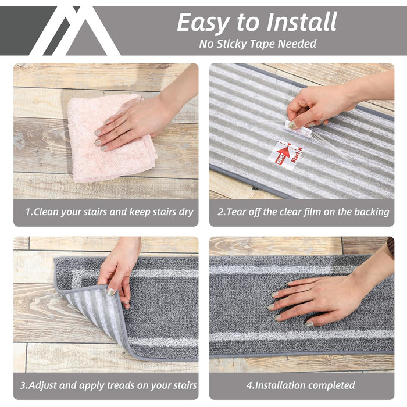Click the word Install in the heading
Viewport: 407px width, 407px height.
302,22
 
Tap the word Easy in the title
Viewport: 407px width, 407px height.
204,23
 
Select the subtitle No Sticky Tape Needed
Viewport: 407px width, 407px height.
258,44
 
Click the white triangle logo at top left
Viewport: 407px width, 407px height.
75,31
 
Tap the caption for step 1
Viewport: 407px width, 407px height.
109,212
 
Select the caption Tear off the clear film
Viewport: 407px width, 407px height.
304,212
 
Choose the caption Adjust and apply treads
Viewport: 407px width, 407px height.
109,385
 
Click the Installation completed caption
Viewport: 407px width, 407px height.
301,385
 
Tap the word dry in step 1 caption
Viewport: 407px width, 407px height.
186,212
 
